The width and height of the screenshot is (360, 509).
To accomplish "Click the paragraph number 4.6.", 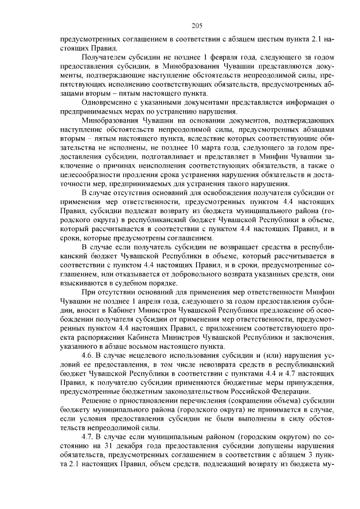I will tap(88, 357).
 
